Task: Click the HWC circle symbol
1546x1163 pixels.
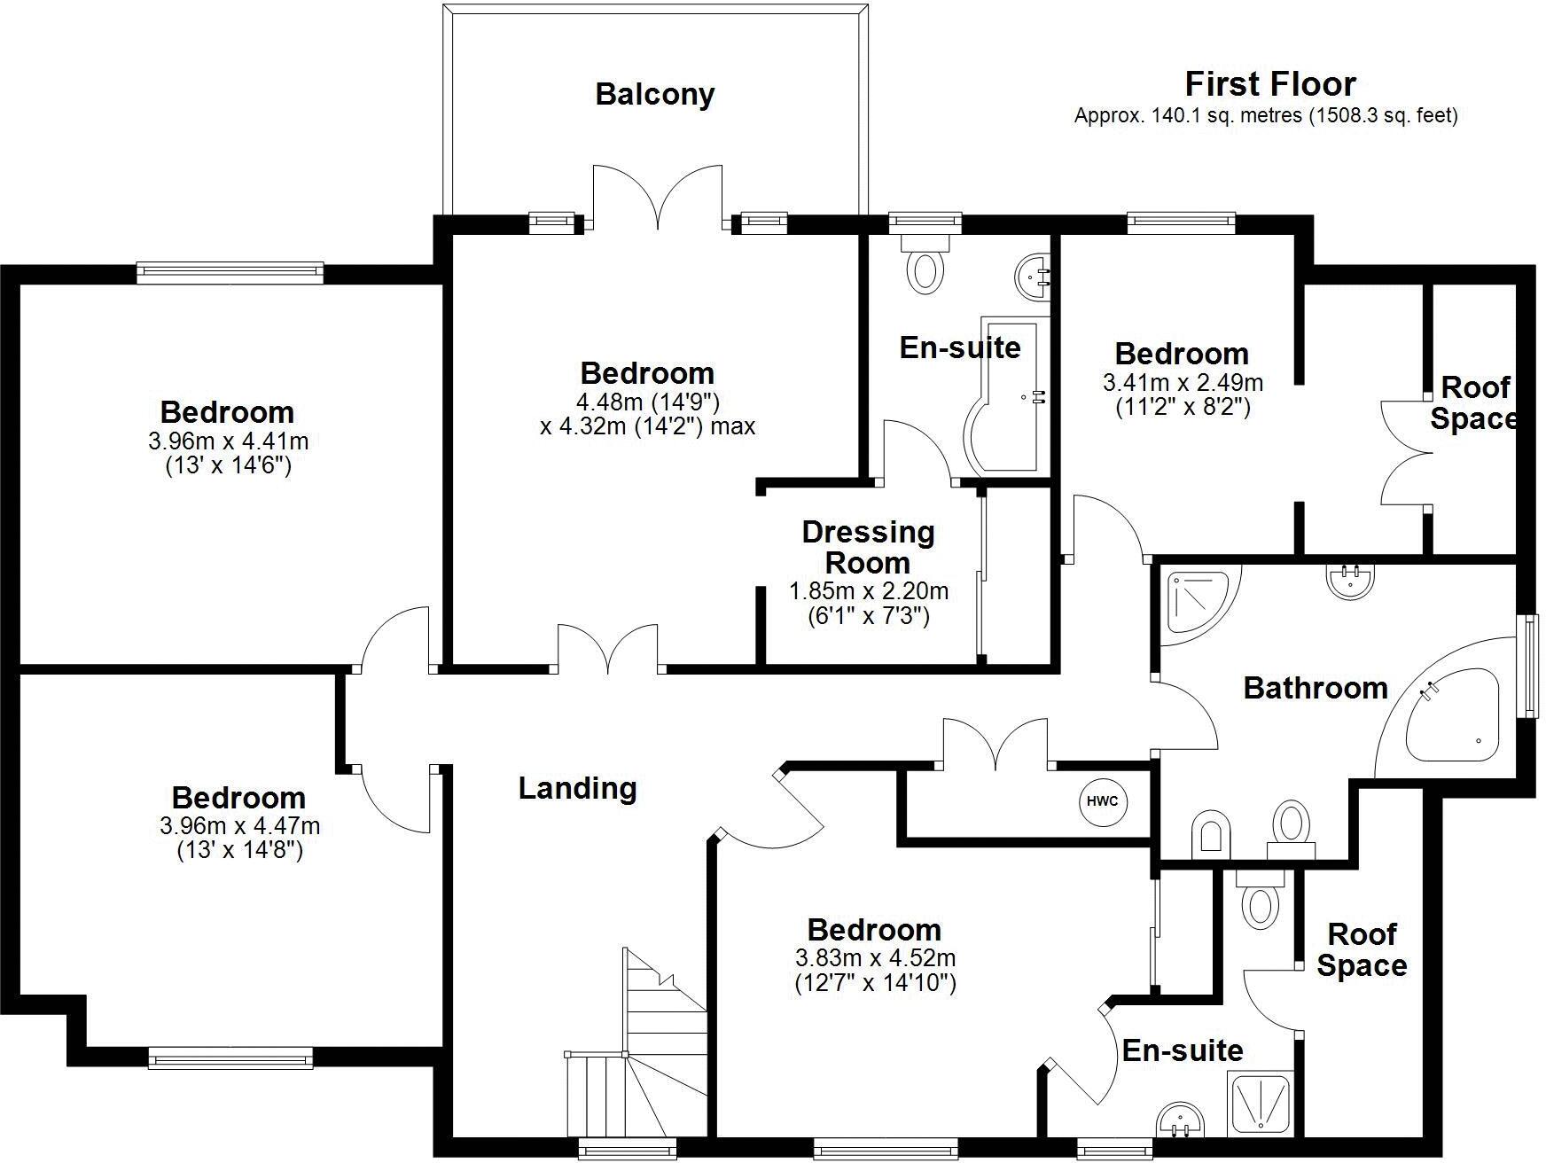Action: (x=1102, y=801)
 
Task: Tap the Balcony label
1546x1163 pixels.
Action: (x=654, y=94)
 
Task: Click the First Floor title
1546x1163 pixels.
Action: (x=1269, y=84)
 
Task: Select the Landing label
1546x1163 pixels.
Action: (x=577, y=788)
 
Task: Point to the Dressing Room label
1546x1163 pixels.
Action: (x=868, y=547)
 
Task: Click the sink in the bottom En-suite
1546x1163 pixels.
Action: (x=1179, y=1120)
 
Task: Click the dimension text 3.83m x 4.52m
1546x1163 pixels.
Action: (x=875, y=958)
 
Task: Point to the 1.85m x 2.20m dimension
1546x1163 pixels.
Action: (x=868, y=591)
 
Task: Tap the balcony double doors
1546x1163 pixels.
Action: (x=657, y=199)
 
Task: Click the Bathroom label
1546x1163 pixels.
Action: (x=1315, y=688)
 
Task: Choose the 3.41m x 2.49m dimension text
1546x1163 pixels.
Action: (x=1182, y=383)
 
